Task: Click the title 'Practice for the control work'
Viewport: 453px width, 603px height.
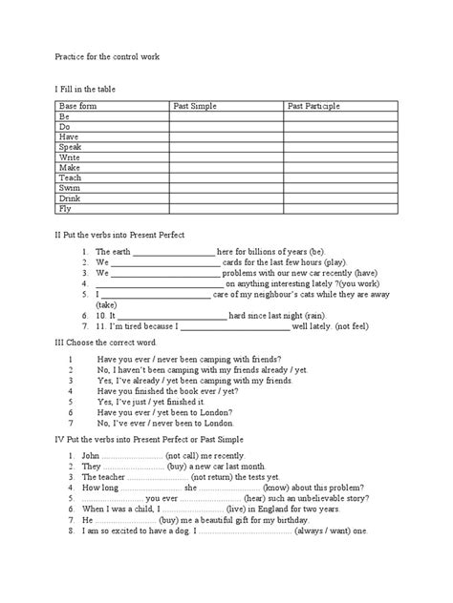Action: (106, 58)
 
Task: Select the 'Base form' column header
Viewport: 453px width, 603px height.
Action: (79, 107)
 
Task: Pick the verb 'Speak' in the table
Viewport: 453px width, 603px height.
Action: (71, 147)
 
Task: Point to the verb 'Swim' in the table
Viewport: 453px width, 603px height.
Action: (70, 188)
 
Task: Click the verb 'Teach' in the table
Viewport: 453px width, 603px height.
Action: (71, 177)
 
